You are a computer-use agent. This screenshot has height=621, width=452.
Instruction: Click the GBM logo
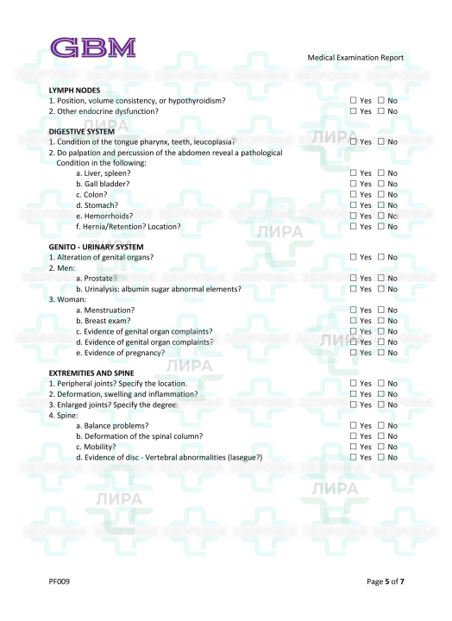[92, 47]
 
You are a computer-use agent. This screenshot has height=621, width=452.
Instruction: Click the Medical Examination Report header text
[355, 58]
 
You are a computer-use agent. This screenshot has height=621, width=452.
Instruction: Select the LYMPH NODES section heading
[74, 91]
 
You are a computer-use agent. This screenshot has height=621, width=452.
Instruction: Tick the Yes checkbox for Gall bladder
[353, 184]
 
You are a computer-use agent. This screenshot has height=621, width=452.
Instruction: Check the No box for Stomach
[381, 205]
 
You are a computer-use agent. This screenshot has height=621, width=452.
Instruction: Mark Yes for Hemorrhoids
[353, 216]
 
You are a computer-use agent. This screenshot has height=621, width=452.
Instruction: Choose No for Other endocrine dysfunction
[381, 111]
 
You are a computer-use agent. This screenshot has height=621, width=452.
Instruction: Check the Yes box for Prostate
[353, 279]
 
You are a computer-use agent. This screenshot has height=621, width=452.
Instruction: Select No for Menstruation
[381, 310]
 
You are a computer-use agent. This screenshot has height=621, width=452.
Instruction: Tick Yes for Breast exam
[353, 321]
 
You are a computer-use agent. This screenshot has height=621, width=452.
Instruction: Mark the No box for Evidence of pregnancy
[381, 352]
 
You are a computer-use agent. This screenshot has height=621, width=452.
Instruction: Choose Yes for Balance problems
[353, 425]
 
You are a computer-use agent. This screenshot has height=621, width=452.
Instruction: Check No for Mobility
[381, 447]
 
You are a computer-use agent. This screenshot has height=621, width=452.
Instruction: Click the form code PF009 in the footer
[59, 581]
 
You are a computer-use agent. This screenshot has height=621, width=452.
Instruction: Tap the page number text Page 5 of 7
[385, 581]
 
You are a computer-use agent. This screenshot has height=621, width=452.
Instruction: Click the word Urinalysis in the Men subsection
[103, 289]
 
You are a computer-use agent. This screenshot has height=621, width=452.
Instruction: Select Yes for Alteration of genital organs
[353, 257]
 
